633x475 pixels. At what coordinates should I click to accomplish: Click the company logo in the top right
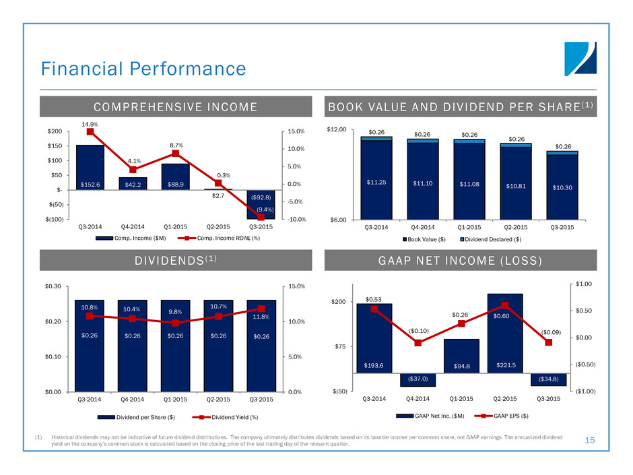pos(580,59)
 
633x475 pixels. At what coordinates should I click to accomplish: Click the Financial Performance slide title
pos(143,69)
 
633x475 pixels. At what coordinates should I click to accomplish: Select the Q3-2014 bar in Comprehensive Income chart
pos(90,167)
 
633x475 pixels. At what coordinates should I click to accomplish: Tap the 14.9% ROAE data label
pos(90,125)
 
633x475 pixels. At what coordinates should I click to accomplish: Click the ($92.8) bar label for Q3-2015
pos(261,197)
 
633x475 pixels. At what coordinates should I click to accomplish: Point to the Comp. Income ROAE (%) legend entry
pos(220,239)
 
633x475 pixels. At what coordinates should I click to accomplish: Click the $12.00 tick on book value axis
pos(337,129)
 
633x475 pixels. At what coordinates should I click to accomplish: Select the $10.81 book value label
pos(516,186)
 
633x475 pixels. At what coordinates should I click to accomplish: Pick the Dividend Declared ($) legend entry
pos(491,239)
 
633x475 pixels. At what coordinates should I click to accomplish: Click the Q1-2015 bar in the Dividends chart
pos(175,346)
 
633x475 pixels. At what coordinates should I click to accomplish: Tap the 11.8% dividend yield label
pos(261,317)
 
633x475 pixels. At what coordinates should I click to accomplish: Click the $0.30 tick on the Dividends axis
pos(53,286)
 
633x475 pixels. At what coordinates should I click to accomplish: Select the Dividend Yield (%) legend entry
pos(226,417)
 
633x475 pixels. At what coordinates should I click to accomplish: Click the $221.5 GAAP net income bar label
pos(506,365)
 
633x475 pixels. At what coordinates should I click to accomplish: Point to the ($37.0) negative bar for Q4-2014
pos(418,380)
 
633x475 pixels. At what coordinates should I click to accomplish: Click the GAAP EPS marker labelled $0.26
pos(462,323)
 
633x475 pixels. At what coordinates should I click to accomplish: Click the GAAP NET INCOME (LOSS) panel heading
pos(460,261)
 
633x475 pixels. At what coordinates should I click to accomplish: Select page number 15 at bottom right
pos(590,440)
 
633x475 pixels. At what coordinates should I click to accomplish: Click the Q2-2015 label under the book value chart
pos(516,228)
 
